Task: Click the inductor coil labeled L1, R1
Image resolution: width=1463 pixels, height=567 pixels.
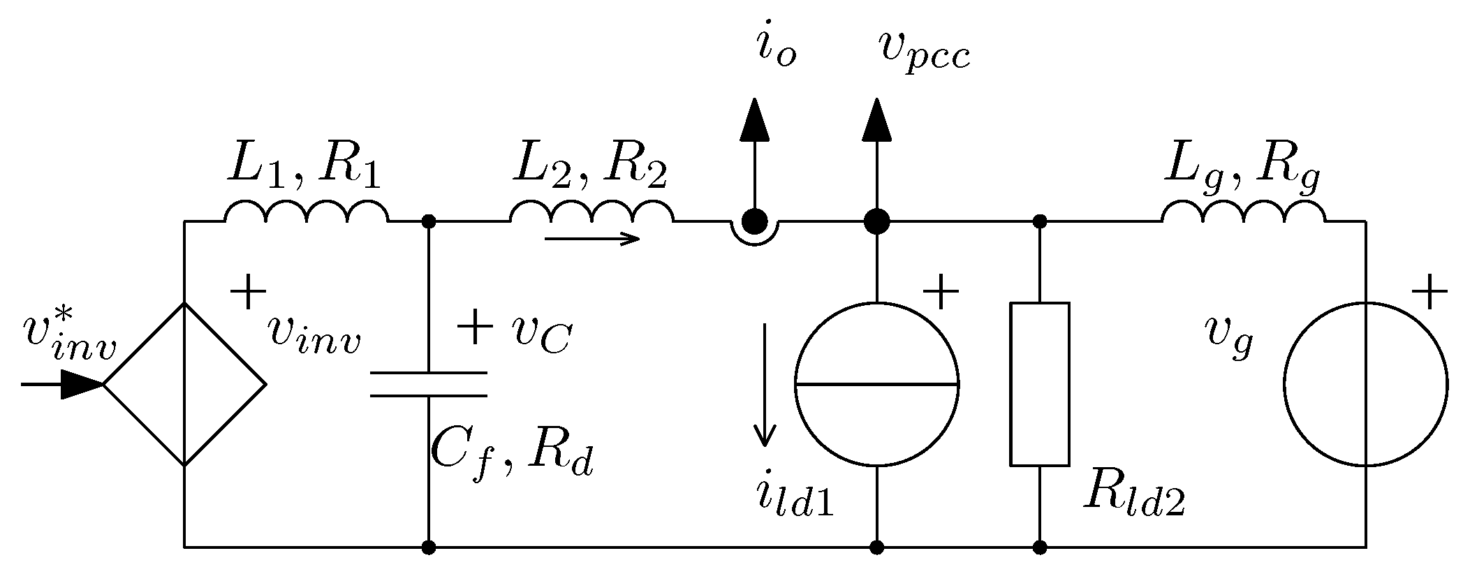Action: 305,212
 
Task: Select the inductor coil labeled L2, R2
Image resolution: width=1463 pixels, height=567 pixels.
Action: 591,212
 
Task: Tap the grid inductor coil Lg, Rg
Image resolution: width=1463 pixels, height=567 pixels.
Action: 1243,212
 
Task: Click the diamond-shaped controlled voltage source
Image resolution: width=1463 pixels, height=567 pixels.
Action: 184,384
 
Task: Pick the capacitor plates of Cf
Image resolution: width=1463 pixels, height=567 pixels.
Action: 428,385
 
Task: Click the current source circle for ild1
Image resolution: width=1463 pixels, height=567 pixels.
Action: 876,384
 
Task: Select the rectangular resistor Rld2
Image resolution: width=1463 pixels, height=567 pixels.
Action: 1040,384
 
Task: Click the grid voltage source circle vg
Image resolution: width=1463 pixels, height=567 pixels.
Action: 1365,384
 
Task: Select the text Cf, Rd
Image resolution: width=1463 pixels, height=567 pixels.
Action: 512,454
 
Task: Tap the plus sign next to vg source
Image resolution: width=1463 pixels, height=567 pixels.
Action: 1429,292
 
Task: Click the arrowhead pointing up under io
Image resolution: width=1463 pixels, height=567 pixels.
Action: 754,120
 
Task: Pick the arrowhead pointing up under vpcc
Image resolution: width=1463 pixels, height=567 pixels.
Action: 876,120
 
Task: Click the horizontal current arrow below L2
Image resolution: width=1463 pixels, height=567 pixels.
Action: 592,240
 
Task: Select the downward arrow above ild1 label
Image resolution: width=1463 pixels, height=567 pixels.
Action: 766,384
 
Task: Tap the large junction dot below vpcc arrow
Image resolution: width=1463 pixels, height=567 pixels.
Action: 876,222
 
